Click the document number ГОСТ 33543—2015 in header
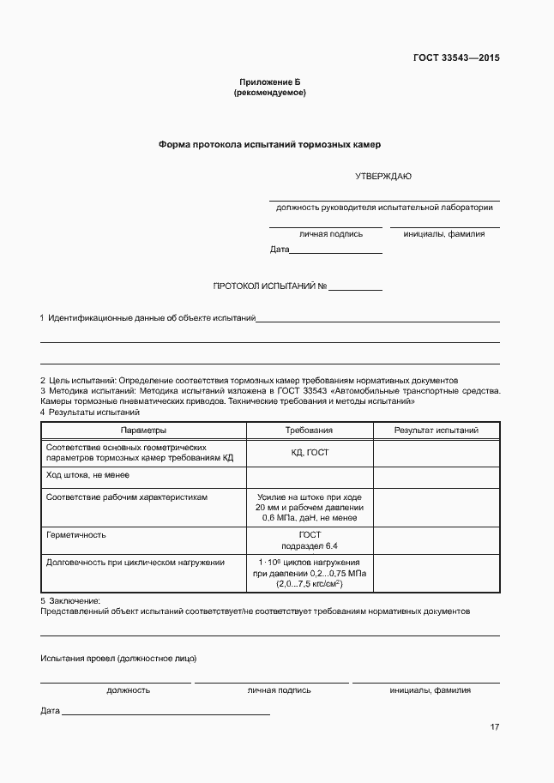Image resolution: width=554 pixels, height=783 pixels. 457,58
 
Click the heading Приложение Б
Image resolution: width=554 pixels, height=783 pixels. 269,81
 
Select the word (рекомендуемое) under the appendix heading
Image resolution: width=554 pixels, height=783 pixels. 269,92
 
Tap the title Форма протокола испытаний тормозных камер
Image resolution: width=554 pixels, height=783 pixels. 269,145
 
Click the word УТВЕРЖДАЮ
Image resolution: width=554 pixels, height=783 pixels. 383,177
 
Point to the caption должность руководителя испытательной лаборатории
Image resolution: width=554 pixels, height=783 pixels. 384,208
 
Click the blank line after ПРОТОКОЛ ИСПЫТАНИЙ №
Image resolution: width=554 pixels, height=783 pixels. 355,287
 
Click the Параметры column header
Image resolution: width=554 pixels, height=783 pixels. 143,430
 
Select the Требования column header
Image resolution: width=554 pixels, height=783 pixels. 309,430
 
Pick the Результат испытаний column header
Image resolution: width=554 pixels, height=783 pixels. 436,430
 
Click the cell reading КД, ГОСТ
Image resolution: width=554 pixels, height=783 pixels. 309,453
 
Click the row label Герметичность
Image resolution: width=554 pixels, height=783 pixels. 75,534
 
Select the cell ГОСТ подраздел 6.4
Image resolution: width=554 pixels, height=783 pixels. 309,540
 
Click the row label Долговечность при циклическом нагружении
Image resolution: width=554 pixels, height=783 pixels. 135,563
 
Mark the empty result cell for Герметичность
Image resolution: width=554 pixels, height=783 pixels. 436,540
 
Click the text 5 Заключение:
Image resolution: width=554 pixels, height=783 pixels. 70,601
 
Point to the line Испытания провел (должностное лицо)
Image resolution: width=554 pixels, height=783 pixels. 118,659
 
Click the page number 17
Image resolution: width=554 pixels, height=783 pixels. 495,727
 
